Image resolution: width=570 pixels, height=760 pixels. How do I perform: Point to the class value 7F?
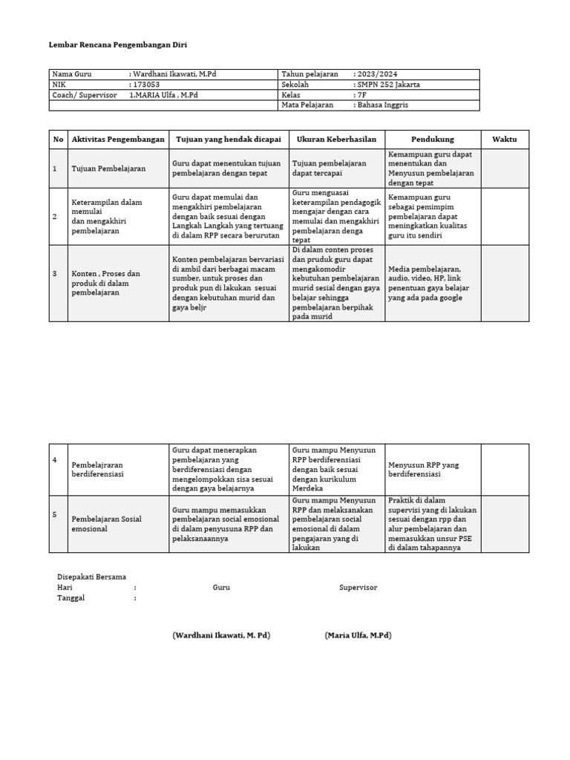361,95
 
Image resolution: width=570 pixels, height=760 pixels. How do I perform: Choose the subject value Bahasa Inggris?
384,105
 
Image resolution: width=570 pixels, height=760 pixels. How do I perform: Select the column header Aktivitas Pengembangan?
117,139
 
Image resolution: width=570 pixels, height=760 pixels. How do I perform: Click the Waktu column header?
505,139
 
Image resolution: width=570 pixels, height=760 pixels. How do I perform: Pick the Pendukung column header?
433,139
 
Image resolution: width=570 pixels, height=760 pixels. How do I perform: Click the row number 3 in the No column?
55,274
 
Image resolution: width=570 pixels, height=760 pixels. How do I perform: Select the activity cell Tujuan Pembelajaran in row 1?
108,168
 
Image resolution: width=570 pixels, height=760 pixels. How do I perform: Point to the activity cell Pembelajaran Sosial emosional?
106,524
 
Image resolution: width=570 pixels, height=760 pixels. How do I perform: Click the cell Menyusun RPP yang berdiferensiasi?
424,469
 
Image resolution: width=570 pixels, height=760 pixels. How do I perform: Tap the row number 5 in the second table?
55,514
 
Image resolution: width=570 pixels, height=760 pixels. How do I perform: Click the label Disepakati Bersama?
91,577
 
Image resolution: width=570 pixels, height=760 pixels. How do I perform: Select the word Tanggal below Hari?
71,598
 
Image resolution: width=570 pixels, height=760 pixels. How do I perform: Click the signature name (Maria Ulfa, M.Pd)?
358,635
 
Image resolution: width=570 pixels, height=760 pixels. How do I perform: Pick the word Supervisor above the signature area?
358,588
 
